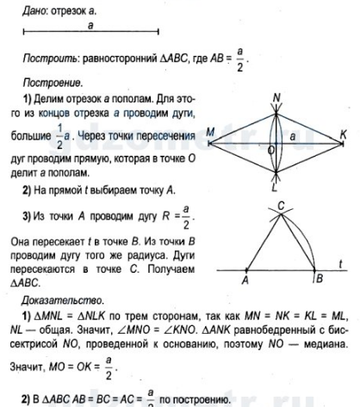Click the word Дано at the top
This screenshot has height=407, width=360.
34,11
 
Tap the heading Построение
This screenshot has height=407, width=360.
53,83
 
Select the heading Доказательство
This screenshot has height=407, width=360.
62,300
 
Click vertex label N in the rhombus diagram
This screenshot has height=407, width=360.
276,98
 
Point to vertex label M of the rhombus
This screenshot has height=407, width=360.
210,132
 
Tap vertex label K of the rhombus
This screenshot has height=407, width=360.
343,134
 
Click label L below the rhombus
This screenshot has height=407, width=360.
275,188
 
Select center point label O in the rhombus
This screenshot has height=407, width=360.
270,150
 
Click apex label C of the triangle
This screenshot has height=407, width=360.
281,206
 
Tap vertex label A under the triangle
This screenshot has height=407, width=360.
245,280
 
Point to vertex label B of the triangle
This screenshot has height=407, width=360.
320,279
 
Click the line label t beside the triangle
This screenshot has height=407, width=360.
340,264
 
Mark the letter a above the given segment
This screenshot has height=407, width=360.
90,25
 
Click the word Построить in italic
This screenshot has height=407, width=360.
50,59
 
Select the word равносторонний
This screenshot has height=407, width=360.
120,59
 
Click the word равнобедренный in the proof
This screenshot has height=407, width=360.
274,330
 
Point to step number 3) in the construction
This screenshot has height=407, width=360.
27,216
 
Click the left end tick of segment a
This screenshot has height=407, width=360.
23,32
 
